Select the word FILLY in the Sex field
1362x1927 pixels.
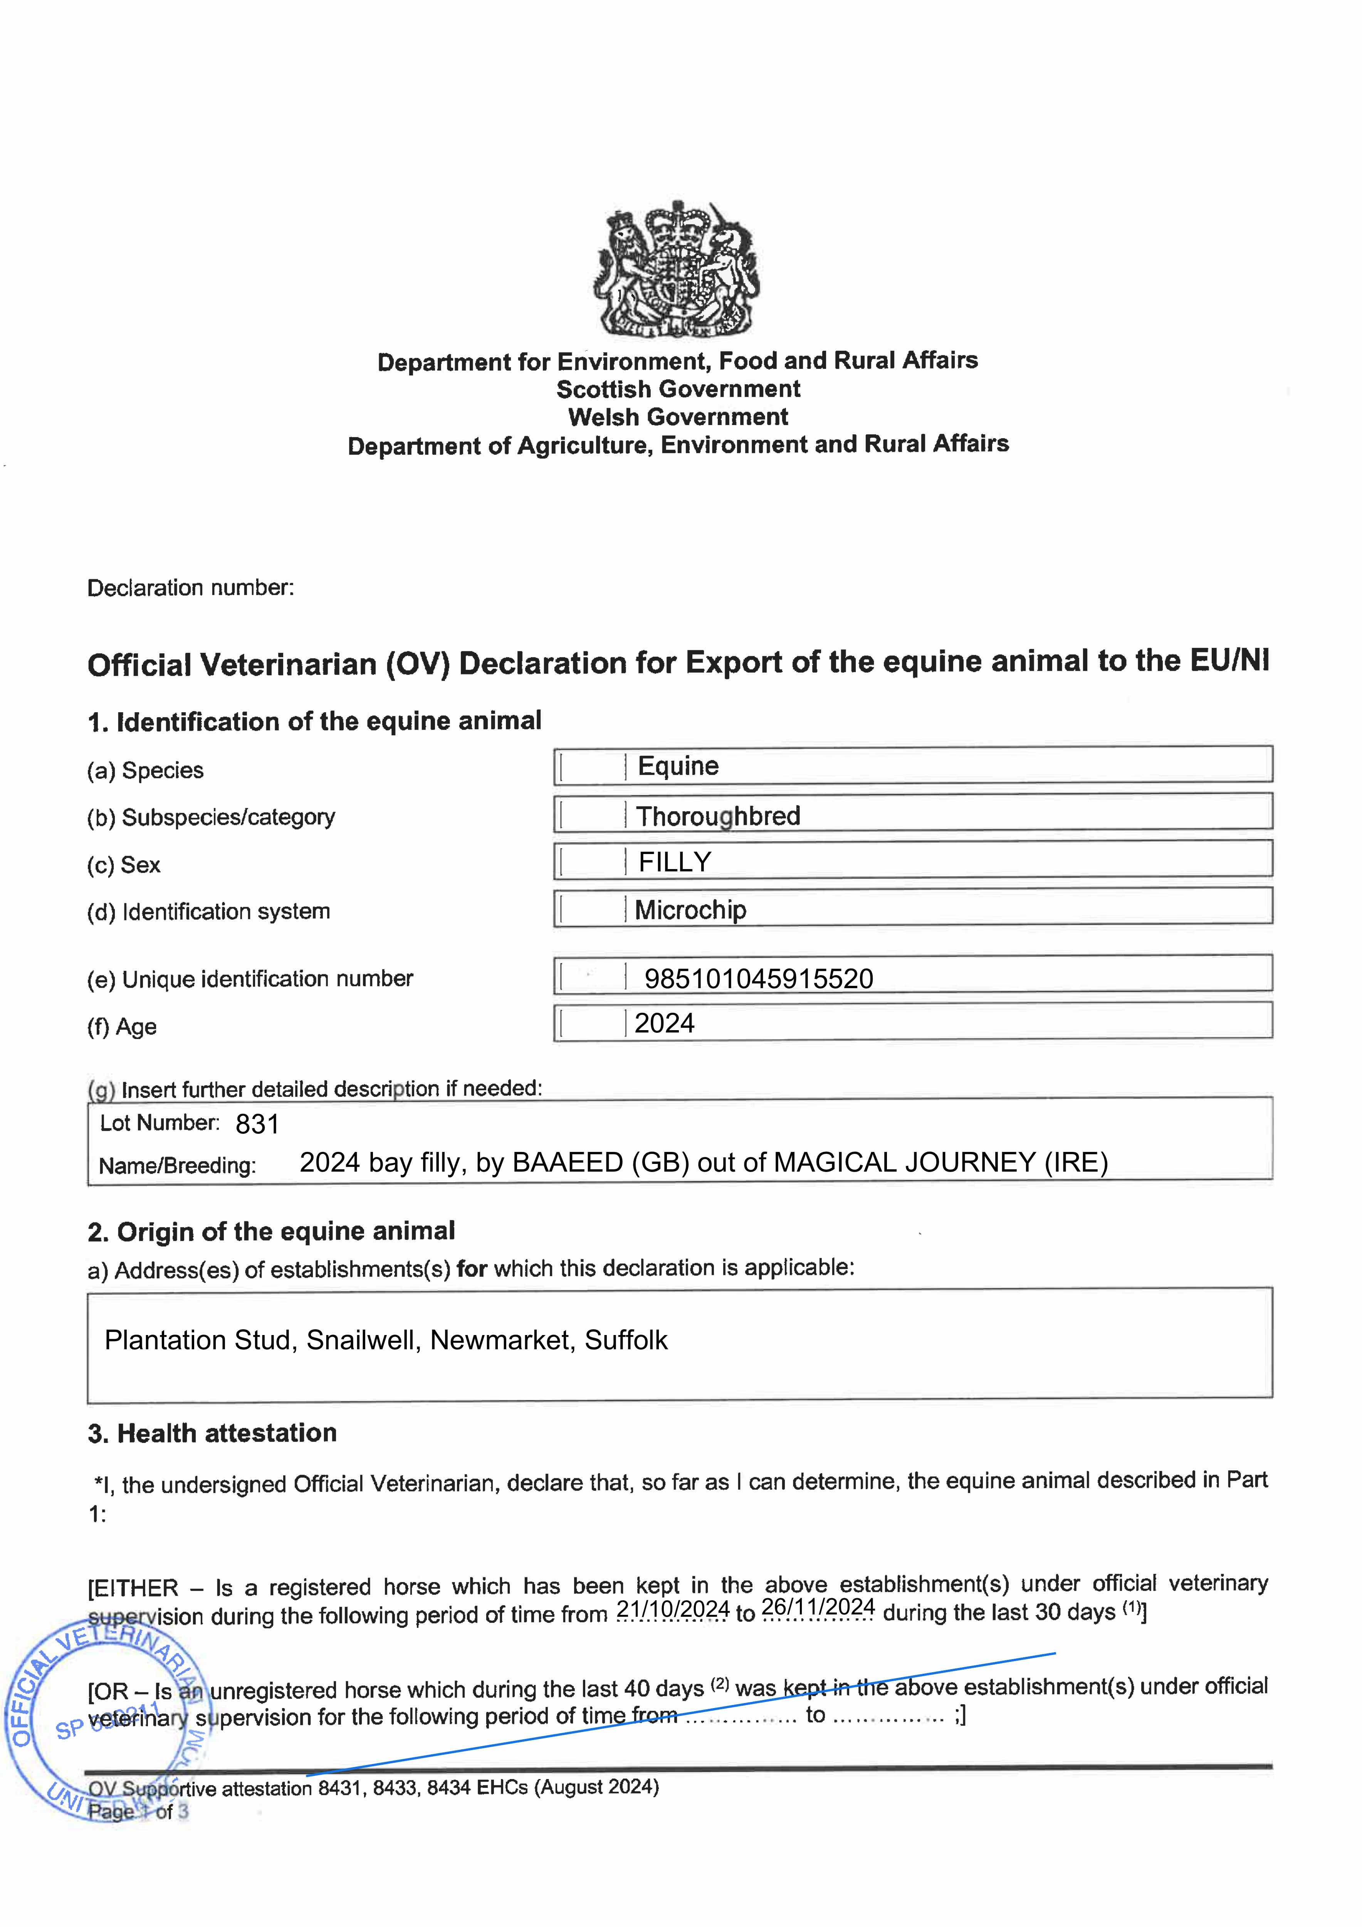675,862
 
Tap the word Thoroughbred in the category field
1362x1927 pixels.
718,816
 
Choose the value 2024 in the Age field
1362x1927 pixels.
665,1023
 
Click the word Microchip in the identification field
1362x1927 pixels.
691,910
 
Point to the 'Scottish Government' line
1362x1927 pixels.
678,389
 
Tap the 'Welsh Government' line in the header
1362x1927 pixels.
678,417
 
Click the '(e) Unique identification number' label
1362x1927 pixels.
250,979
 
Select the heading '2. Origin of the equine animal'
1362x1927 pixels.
271,1231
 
